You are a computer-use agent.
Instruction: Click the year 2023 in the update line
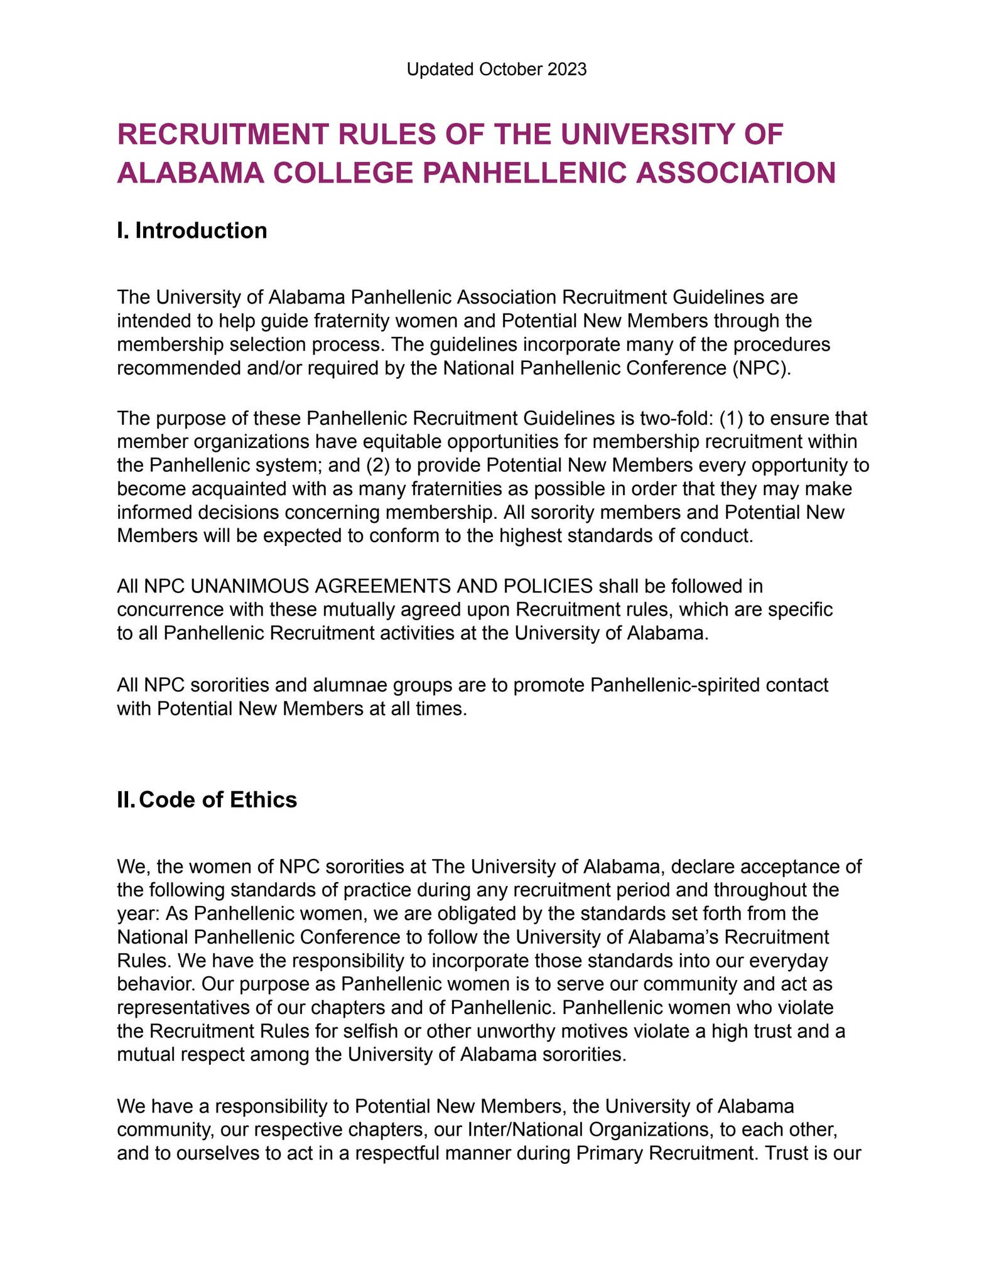[x=566, y=70]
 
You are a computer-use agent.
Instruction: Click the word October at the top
[x=509, y=70]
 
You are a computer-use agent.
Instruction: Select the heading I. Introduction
[x=192, y=230]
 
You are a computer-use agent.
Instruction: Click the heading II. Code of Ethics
[x=207, y=800]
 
